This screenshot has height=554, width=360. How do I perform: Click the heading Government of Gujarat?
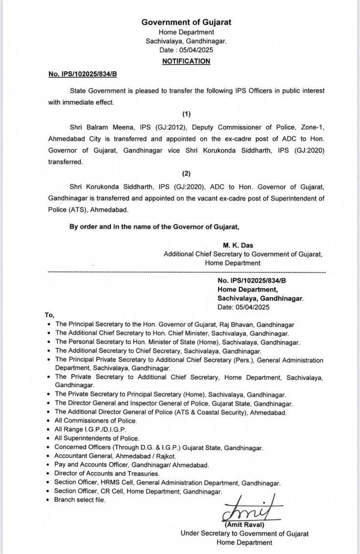[x=186, y=22]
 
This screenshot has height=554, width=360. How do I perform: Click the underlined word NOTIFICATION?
[x=186, y=61]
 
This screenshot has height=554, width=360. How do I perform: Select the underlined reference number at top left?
[x=82, y=73]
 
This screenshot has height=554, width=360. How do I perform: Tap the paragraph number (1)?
[x=186, y=114]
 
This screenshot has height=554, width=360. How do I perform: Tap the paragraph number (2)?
[x=186, y=174]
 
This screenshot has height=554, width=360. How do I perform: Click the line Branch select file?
[x=80, y=500]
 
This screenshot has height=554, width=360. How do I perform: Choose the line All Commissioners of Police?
[x=96, y=420]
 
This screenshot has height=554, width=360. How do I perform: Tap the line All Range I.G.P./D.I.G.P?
[x=88, y=429]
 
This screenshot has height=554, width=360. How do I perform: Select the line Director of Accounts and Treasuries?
[x=106, y=473]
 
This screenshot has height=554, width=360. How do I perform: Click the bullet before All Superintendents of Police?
[x=48, y=439]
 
